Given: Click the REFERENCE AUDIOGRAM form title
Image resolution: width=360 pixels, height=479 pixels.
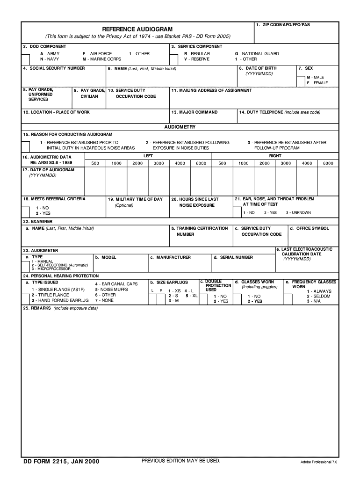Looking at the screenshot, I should [x=137, y=29].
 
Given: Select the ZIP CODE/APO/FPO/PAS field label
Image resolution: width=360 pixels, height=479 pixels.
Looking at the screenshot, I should [x=286, y=24].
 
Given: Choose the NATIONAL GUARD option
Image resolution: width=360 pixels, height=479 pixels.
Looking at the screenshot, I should [x=257, y=54].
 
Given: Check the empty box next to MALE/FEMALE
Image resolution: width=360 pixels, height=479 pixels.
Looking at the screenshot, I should [x=301, y=80].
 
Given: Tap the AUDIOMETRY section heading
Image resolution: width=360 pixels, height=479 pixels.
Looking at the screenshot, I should [x=180, y=127].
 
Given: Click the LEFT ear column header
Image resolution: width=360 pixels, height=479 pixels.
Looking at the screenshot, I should [x=148, y=155].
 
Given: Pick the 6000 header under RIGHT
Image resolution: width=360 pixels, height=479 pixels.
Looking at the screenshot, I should [x=328, y=163].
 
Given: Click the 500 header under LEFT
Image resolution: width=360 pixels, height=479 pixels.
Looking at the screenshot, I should [x=95, y=163].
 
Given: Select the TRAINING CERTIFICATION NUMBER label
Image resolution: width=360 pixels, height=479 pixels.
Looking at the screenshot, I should [x=200, y=231].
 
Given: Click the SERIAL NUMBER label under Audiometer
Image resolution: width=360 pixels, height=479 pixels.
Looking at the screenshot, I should [x=233, y=257].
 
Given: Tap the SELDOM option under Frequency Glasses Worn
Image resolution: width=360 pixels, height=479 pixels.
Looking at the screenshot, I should [x=318, y=296].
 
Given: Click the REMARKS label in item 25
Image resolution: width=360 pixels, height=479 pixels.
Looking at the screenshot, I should [x=37, y=309].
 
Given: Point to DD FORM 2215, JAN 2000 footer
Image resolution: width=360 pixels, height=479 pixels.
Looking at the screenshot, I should [x=61, y=462].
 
